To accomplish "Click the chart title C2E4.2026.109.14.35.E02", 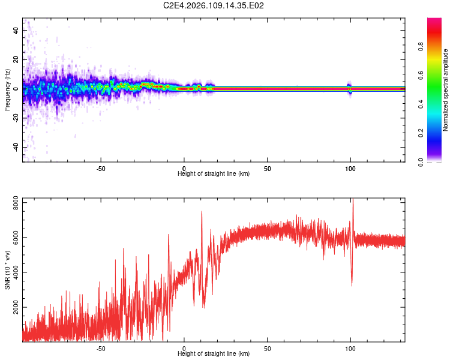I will coord(214,6).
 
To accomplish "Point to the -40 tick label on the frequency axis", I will coord(16,148).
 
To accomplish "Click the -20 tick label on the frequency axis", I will coord(16,118).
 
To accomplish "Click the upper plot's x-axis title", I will coord(214,173).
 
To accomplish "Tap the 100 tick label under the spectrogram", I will coord(350,168).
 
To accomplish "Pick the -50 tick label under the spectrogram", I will coord(101,168).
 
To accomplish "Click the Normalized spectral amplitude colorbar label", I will coord(446,90).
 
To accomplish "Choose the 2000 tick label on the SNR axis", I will coord(13,307).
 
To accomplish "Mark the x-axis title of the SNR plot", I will coord(214,353).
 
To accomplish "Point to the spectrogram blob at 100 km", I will coord(350,88).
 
